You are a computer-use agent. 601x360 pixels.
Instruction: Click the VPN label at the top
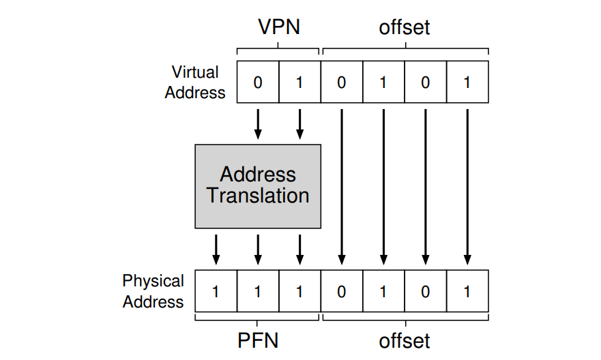tap(278, 27)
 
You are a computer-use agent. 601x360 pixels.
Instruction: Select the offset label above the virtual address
tap(405, 27)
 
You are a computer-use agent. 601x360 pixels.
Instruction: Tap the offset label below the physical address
tap(405, 340)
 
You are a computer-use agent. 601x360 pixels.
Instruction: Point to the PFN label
tap(258, 340)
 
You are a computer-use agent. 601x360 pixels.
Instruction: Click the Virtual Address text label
tap(195, 82)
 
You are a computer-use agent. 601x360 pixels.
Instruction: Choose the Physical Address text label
tap(153, 291)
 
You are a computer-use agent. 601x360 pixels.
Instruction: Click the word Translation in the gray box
tap(258, 196)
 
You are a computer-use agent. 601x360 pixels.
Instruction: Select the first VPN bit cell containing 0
tap(258, 82)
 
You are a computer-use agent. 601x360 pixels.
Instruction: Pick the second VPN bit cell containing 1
tap(299, 82)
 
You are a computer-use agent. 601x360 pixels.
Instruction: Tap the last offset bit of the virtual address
tap(467, 82)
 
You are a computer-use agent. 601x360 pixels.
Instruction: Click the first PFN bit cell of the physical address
tap(216, 291)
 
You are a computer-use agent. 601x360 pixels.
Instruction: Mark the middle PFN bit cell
tap(258, 291)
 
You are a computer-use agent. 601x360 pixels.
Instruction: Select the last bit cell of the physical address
tap(467, 291)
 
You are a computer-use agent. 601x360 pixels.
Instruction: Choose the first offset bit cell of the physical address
tap(342, 291)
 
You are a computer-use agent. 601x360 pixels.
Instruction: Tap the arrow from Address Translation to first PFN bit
tap(216, 250)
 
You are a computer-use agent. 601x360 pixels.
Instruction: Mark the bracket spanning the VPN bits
tap(278, 49)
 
